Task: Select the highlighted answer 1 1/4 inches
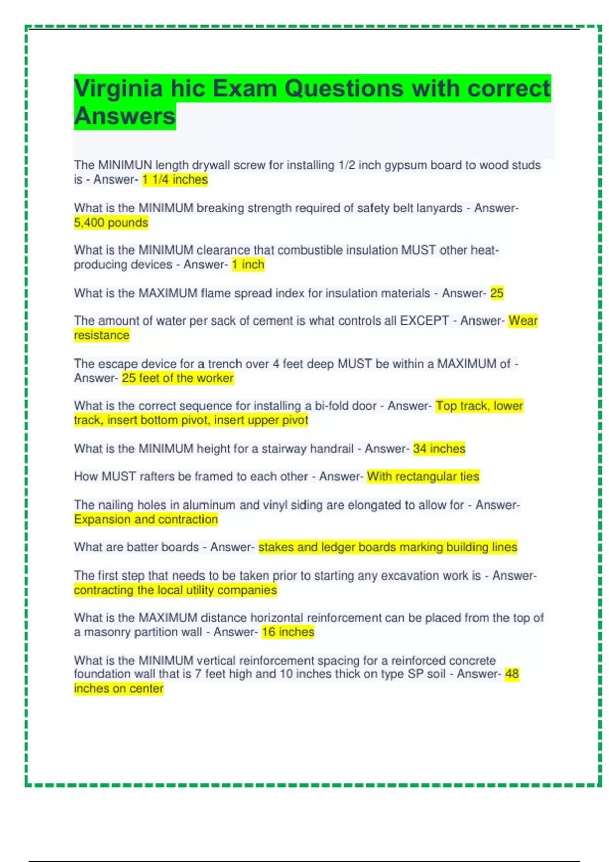175,179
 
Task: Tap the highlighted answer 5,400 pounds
111,222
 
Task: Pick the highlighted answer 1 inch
248,264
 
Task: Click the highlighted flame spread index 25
497,293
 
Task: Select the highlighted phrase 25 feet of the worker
178,378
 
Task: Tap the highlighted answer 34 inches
439,448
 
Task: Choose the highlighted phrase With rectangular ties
423,476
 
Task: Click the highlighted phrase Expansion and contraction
146,519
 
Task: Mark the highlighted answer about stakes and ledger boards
387,547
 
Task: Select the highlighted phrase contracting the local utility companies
175,590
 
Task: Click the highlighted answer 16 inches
288,632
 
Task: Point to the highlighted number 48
512,674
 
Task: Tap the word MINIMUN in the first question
125,165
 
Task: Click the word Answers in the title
125,117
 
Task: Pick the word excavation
409,576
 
